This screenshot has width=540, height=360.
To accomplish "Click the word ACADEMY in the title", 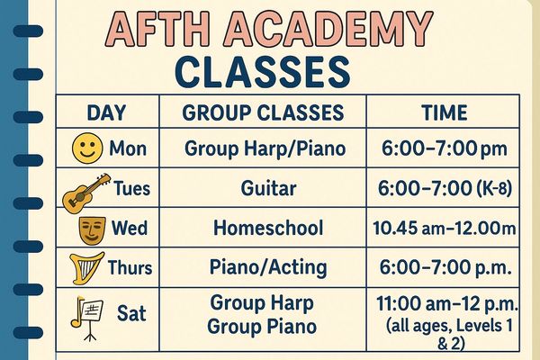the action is point(328,29).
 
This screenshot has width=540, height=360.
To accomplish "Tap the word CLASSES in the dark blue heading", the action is point(263,73).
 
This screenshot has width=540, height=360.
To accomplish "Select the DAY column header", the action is point(106,112).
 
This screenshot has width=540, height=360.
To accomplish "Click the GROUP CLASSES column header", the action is point(263,112).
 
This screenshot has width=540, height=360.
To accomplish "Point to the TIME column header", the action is point(445,112).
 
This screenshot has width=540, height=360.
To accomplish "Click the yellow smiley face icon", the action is point(87,148).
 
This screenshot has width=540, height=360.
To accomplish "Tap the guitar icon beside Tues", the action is point(86,193).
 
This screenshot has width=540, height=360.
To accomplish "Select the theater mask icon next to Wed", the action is point(92,230).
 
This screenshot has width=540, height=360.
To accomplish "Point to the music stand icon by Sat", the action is point(87,318).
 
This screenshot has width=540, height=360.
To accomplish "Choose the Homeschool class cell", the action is point(268,228).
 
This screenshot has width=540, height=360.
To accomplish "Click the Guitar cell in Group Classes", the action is point(268,188).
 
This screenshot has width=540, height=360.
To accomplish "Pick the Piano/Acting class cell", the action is point(268,268).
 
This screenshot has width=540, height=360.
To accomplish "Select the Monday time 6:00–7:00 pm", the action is point(445,148).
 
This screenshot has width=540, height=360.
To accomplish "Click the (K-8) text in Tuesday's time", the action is point(495,189).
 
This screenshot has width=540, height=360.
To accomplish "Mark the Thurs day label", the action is point(130,267).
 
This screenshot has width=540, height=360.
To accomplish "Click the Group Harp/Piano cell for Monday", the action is point(265,148).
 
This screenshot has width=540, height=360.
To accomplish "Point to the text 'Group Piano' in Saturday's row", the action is point(262,327).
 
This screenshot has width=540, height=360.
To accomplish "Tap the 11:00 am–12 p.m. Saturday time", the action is point(447,304).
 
